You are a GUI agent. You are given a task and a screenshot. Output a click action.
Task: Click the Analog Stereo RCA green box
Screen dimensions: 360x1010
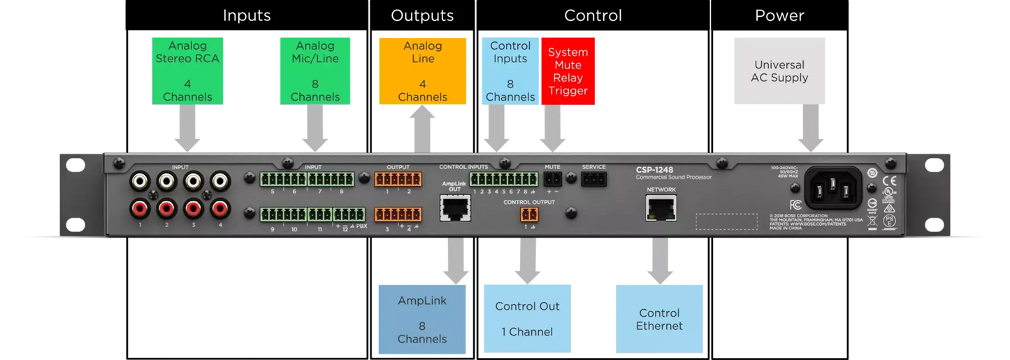click(x=187, y=71)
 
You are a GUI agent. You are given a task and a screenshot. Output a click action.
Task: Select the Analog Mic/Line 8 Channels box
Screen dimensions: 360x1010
click(x=315, y=71)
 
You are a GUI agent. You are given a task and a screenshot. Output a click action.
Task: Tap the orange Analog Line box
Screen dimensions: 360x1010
click(x=422, y=71)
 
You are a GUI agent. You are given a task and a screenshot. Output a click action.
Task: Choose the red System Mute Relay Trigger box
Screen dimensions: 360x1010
click(x=568, y=71)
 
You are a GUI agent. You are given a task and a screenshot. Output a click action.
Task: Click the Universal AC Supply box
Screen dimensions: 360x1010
click(x=779, y=71)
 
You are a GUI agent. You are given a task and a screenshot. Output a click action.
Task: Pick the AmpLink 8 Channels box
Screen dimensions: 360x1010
click(x=422, y=319)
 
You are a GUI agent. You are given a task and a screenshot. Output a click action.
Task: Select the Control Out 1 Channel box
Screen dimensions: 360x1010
click(x=527, y=319)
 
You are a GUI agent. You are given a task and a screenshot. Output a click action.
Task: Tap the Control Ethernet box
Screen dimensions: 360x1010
click(x=659, y=319)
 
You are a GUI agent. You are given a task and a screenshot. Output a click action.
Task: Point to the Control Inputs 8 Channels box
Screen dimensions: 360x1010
click(x=510, y=71)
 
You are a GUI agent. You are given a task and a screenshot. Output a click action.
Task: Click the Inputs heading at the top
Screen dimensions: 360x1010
click(x=247, y=15)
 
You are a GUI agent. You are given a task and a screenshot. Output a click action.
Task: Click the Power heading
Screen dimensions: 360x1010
click(x=779, y=15)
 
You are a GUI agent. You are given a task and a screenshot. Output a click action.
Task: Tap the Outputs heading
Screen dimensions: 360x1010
click(x=422, y=15)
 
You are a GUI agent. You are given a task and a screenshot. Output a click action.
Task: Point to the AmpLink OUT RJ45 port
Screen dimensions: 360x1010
click(x=454, y=208)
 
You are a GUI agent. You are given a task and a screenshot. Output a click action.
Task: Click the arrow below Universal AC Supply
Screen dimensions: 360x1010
click(x=811, y=129)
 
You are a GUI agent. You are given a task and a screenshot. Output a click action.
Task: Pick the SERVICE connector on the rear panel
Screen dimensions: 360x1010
click(x=593, y=180)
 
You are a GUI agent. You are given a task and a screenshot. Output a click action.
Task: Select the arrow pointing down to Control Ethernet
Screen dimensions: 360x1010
click(x=660, y=260)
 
